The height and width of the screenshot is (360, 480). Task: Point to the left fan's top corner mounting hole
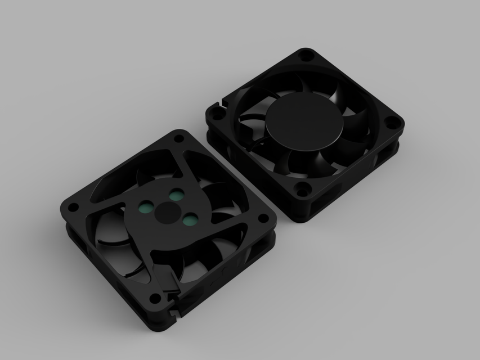click(x=179, y=138)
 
